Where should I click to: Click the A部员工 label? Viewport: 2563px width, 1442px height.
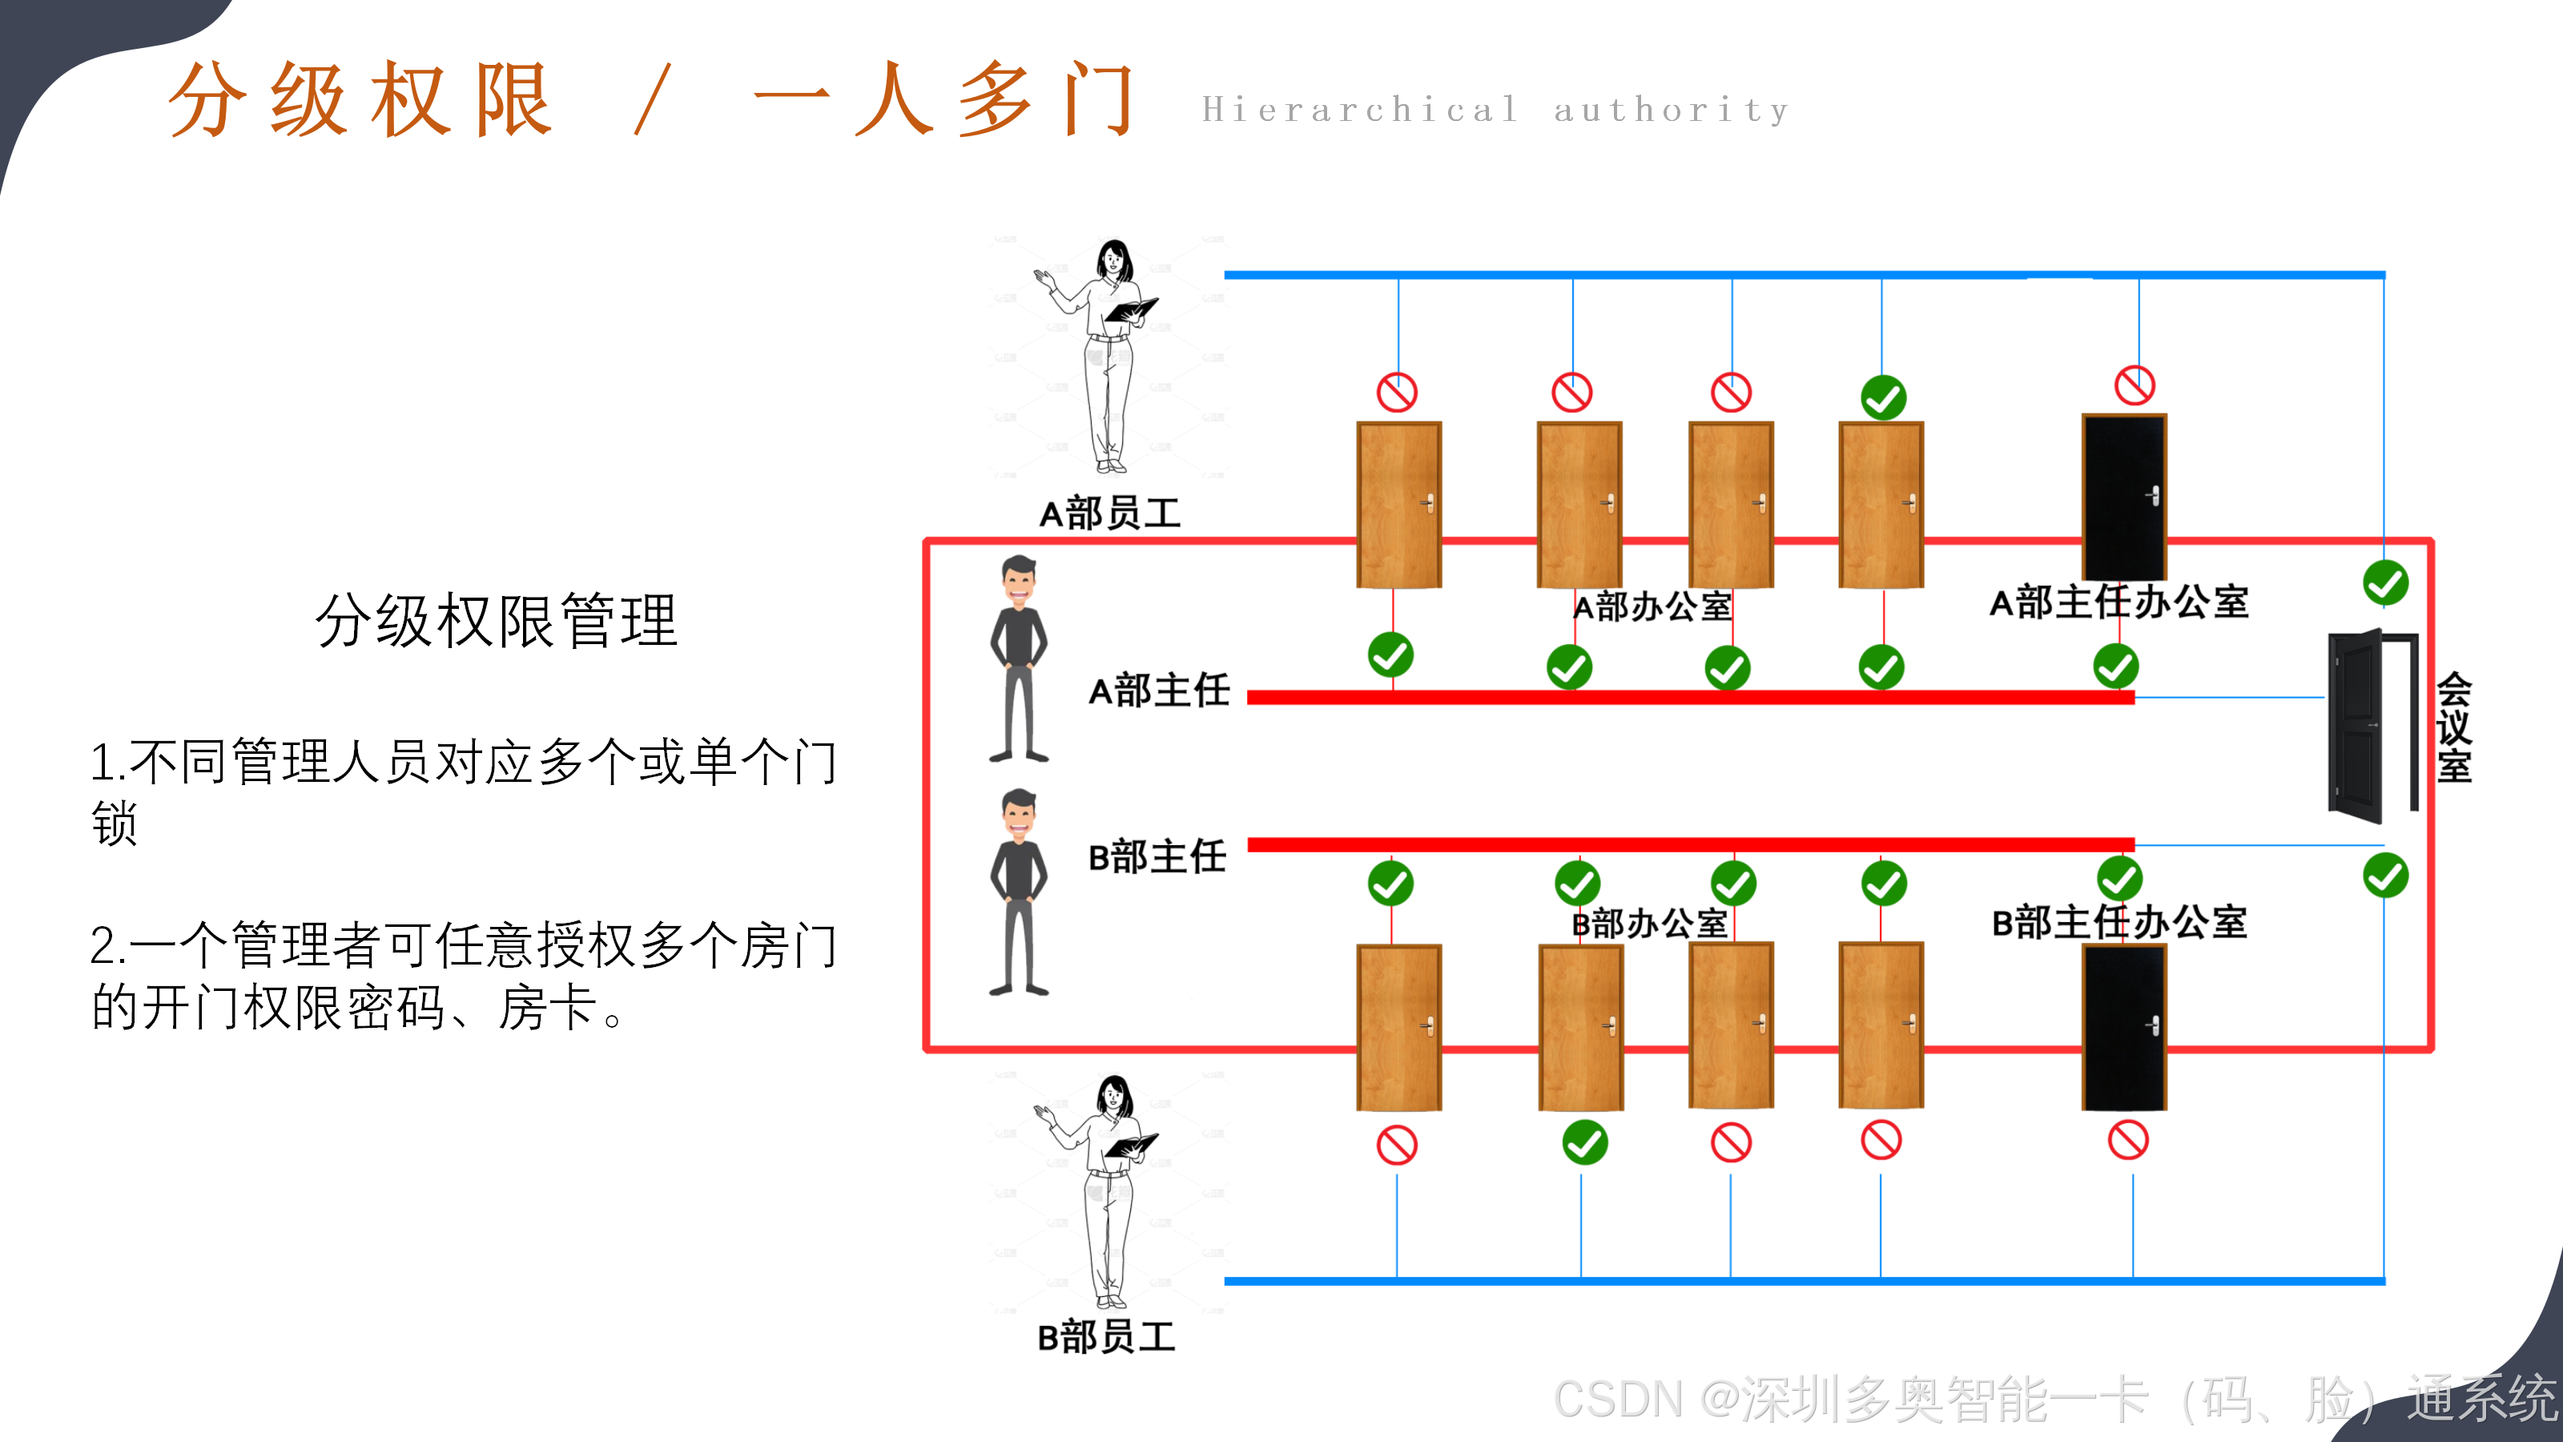click(x=1109, y=514)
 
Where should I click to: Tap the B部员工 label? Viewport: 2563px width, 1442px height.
click(x=1106, y=1336)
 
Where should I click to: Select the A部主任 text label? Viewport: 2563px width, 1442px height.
click(x=1159, y=690)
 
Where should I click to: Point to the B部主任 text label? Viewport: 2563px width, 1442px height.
click(x=1157, y=856)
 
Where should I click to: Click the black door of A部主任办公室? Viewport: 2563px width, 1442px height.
click(x=2124, y=497)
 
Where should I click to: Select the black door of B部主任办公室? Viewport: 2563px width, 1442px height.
click(x=2124, y=1026)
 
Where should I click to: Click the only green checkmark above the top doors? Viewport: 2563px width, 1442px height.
click(x=1884, y=398)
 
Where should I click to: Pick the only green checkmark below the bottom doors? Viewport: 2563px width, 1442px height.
click(x=1585, y=1142)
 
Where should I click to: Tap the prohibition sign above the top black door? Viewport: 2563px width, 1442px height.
click(x=2135, y=385)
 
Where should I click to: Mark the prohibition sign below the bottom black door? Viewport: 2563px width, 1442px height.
click(x=2128, y=1141)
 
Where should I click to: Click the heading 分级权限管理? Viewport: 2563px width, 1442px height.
click(x=497, y=620)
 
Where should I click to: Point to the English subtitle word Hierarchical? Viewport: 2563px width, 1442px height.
click(x=1360, y=110)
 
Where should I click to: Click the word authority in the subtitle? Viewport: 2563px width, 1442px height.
click(x=1672, y=110)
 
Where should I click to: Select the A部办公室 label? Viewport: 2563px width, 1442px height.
click(x=1652, y=606)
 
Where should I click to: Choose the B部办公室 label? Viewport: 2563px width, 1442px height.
click(x=1650, y=924)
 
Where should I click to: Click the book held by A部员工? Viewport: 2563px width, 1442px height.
click(x=1131, y=309)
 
